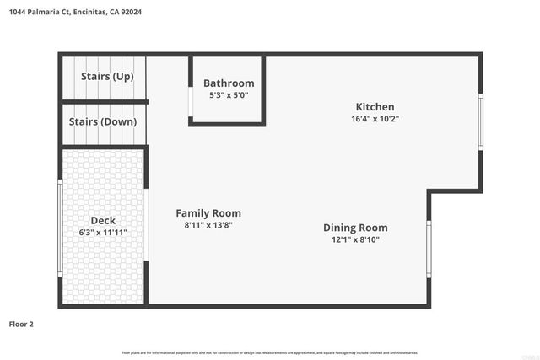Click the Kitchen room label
point(375,107)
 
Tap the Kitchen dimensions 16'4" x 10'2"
point(375,119)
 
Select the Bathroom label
point(229,83)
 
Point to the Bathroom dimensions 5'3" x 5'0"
point(229,95)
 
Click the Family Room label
point(208,213)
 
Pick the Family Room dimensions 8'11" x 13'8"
point(208,226)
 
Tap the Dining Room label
point(355,228)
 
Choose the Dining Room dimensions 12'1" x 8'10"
point(355,239)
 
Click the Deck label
point(103,221)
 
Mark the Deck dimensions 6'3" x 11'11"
point(103,233)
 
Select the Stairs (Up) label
point(107,77)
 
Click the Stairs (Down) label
point(103,121)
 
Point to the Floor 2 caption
point(21,324)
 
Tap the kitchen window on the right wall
point(480,121)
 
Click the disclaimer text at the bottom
point(270,352)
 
